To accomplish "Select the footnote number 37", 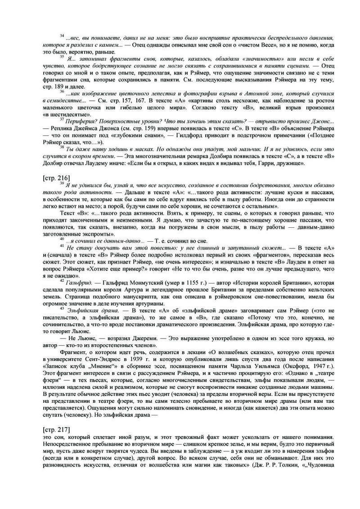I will (x=62, y=121).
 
